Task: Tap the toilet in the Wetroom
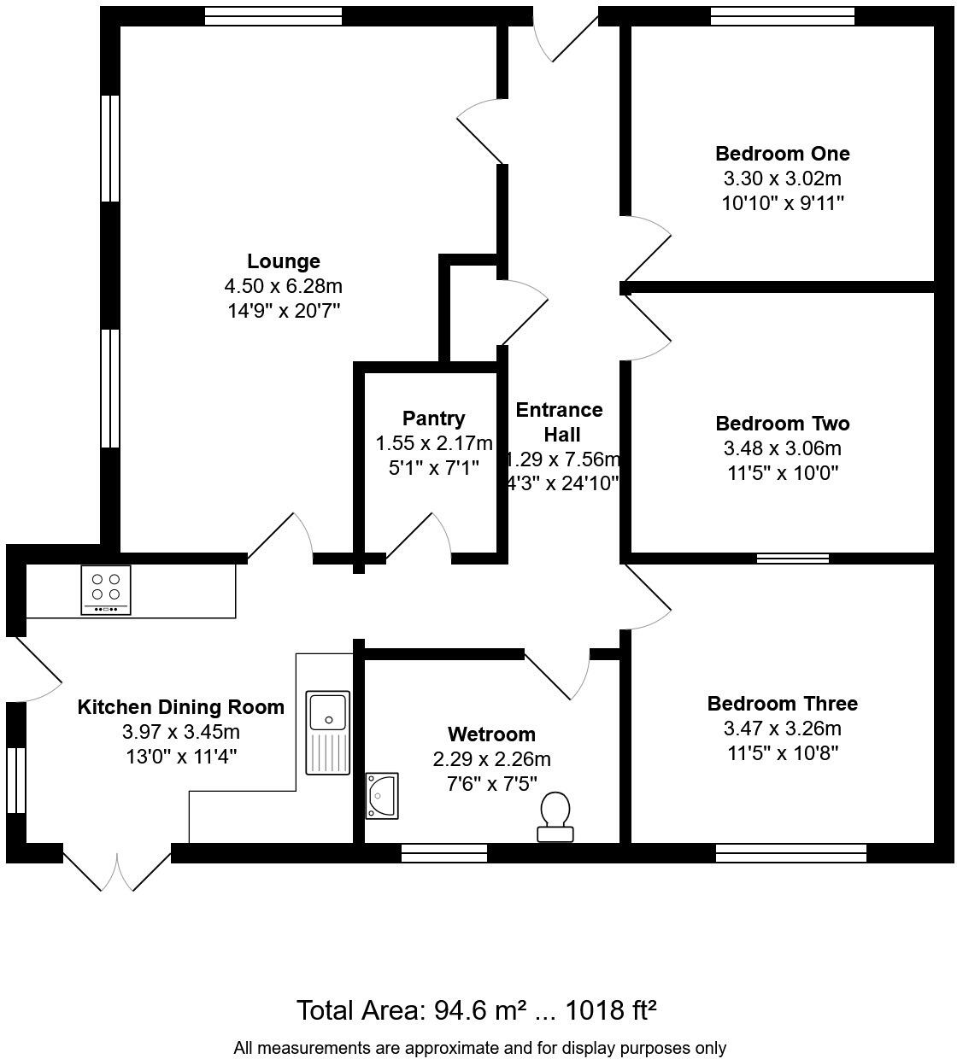click(x=555, y=816)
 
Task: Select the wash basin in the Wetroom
click(x=382, y=796)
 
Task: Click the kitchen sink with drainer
click(x=328, y=733)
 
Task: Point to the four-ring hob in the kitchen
click(x=106, y=589)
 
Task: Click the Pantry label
click(x=434, y=418)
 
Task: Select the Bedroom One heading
click(x=782, y=154)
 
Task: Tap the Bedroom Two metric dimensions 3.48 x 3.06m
click(x=782, y=448)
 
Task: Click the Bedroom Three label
click(x=782, y=704)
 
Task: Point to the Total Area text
click(x=476, y=1010)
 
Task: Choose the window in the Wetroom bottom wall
click(x=444, y=852)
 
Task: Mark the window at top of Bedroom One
click(x=782, y=16)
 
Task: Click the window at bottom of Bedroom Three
click(x=790, y=852)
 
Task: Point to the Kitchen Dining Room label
click(x=180, y=707)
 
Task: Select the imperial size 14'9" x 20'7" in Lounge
click(x=284, y=310)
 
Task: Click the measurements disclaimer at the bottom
click(x=479, y=1048)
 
